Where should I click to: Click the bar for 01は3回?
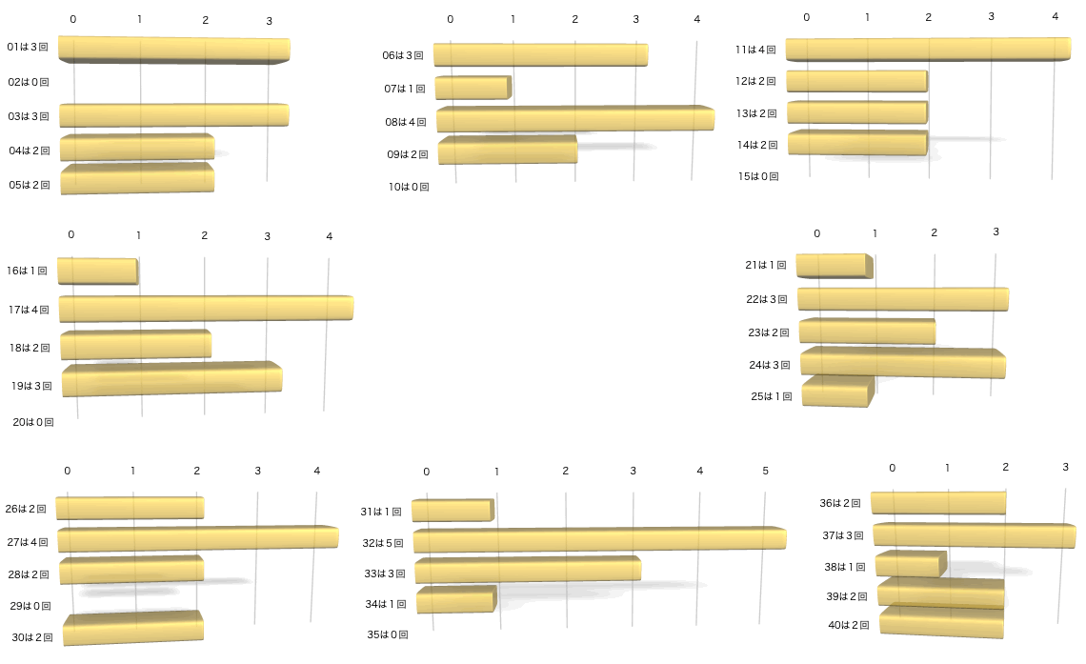click(x=173, y=50)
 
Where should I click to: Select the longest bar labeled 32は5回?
click(x=599, y=539)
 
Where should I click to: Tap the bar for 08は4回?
click(x=575, y=119)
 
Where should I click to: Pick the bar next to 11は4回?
click(x=928, y=50)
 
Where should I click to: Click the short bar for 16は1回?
click(x=97, y=271)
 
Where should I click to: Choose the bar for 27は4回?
click(x=197, y=538)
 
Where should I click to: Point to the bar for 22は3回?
click(x=903, y=299)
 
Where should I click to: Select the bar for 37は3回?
click(x=974, y=535)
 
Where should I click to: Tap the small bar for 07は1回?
click(x=473, y=88)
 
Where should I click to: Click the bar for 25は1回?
click(x=836, y=392)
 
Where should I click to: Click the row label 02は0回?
click(x=28, y=83)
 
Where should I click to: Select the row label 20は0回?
click(x=33, y=421)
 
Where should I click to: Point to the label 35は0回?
click(x=387, y=634)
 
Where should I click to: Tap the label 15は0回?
click(x=758, y=176)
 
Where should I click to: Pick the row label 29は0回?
click(x=30, y=606)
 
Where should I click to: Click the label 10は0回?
click(x=409, y=187)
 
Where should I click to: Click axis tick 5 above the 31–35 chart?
click(x=765, y=472)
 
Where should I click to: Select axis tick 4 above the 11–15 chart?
click(x=1055, y=16)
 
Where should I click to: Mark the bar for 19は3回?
click(x=172, y=379)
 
